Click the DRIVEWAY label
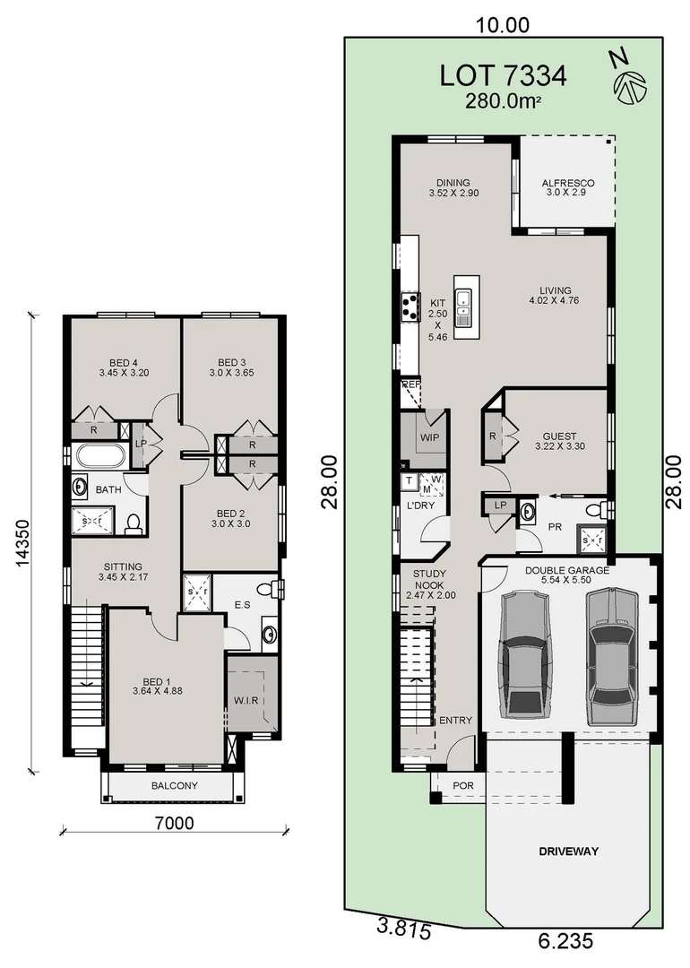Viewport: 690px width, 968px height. pos(568,851)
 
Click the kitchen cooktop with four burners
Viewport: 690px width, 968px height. pos(410,307)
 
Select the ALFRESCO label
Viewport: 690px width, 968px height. pos(567,183)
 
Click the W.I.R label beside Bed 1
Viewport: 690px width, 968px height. pos(246,699)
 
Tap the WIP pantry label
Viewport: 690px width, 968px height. pos(429,437)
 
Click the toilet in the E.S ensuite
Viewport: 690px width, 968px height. pos(266,590)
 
